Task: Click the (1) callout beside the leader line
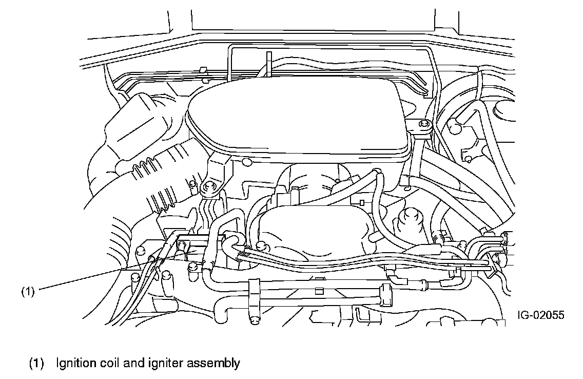click(27, 292)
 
